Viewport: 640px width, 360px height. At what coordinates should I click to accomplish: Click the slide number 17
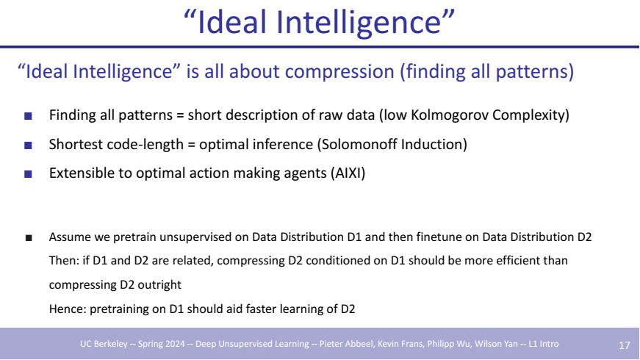coord(624,345)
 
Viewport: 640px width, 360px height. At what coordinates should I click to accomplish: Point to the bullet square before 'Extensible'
coord(28,174)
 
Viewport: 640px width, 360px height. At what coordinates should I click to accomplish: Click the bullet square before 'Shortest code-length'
coord(28,145)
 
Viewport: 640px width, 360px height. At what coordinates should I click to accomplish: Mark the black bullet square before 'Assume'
coord(29,238)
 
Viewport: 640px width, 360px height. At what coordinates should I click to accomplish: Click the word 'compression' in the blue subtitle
coord(339,72)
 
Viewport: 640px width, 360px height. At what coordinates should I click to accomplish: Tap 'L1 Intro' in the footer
coord(544,344)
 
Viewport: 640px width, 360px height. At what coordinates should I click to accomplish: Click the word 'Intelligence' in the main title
coord(359,22)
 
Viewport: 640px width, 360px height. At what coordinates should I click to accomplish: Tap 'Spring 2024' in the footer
coord(161,344)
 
